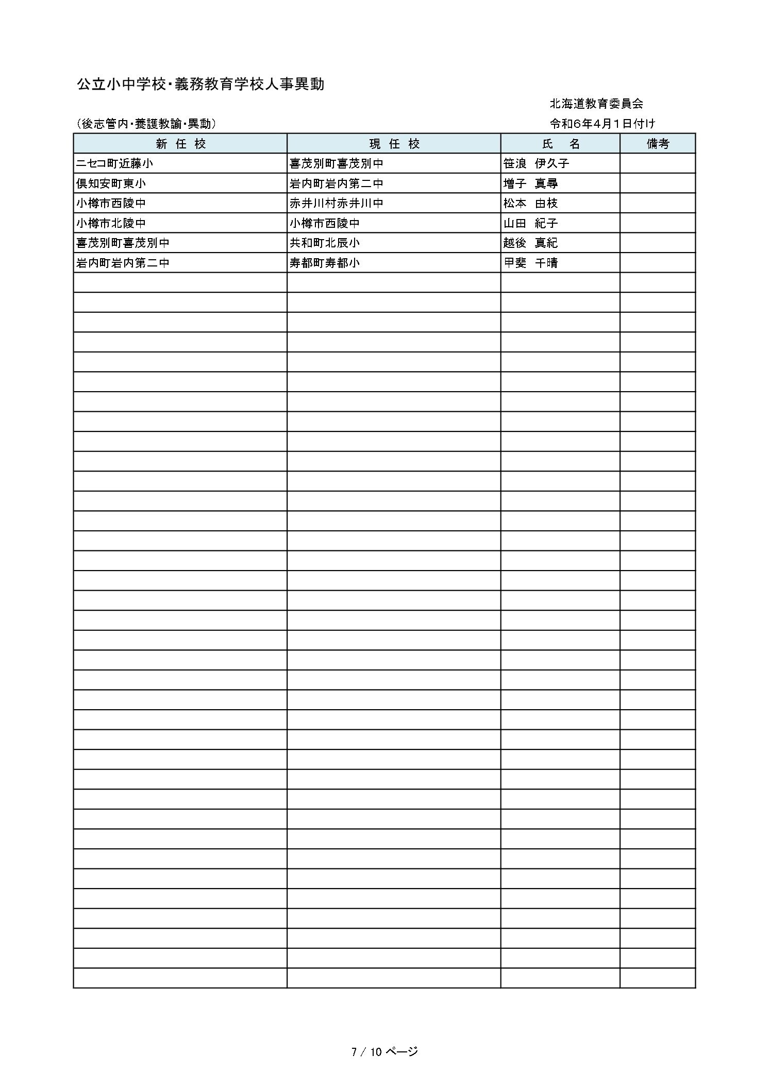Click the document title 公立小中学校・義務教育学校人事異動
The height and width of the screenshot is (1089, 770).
coord(200,85)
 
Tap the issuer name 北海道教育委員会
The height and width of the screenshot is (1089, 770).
coord(596,104)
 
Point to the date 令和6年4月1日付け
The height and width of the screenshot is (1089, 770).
coord(602,124)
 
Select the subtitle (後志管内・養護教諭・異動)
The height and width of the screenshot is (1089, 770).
coord(146,124)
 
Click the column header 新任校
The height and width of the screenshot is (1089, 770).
coord(180,144)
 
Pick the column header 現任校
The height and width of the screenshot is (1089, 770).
coord(394,144)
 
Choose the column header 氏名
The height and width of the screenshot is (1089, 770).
coord(560,144)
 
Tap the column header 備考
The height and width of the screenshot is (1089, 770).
coord(657,144)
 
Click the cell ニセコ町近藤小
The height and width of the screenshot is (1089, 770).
coord(114,163)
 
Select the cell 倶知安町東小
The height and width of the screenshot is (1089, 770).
coord(111,183)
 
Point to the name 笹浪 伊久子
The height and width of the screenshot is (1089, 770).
coord(536,163)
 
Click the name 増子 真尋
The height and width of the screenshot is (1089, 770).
coord(530,183)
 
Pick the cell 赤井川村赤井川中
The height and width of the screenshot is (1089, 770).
coord(336,203)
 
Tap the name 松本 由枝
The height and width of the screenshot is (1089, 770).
coord(530,203)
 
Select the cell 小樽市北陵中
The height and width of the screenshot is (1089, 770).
coord(111,223)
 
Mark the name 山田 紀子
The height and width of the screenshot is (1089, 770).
coord(530,223)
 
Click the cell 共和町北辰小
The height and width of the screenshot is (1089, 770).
coord(324,243)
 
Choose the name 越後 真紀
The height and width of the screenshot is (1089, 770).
coord(530,243)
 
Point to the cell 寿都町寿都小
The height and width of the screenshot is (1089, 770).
coord(324,263)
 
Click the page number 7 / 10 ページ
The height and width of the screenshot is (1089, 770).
coord(384,1052)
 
